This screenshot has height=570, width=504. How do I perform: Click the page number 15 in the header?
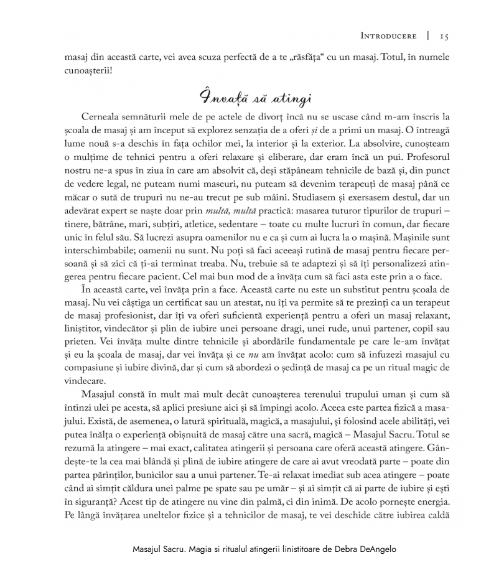444,36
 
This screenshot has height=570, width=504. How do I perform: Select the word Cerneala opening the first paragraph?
103,116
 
